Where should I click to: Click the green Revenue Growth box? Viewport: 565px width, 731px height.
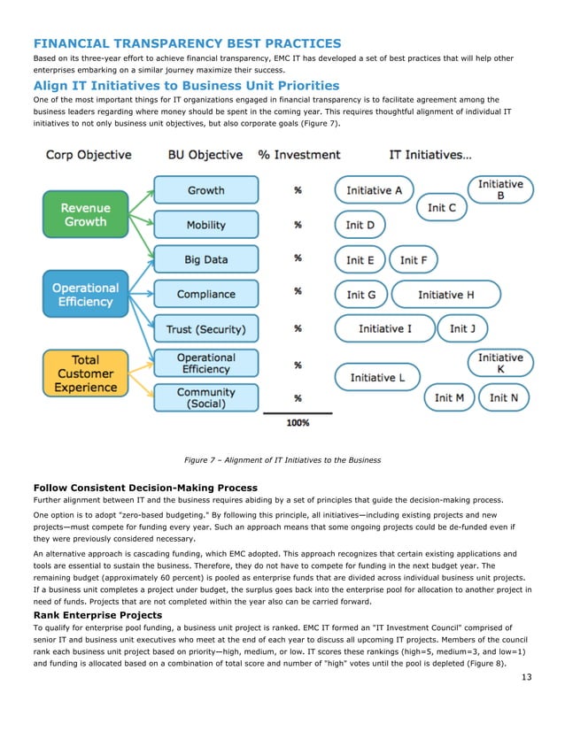pos(85,215)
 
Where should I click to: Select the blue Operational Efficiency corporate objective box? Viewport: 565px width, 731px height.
pos(85,295)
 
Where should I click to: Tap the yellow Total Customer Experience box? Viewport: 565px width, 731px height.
pos(85,373)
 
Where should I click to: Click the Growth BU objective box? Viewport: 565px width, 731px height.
pos(205,190)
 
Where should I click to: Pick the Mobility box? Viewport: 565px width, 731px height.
pos(205,225)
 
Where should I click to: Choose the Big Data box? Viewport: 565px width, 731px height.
pos(205,259)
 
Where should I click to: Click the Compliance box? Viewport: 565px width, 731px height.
pos(205,294)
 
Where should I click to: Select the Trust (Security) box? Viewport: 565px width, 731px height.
pos(205,329)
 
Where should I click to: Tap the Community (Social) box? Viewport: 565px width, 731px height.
pos(205,397)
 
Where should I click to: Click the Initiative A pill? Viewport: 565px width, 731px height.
pos(374,190)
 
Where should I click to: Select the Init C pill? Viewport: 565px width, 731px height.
pos(441,207)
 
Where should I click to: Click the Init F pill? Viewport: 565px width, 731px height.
pos(414,260)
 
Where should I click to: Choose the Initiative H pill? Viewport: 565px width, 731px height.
pos(445,295)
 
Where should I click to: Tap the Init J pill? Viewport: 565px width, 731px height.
pos(462,329)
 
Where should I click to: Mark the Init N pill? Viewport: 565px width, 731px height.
pos(504,397)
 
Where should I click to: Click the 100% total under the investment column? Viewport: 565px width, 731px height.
pos(298,423)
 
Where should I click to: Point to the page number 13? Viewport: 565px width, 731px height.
pos(527,678)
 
